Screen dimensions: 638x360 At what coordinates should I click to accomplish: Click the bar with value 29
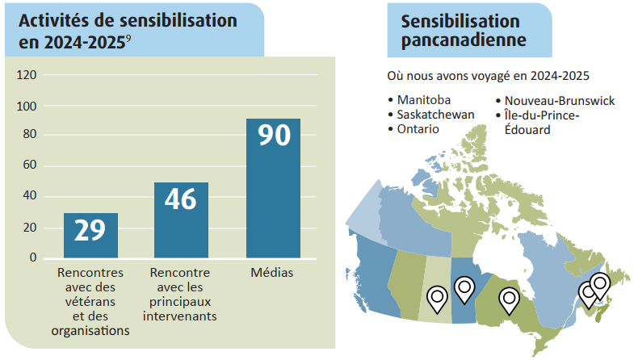[90, 236]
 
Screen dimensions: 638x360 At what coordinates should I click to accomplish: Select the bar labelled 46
[181, 220]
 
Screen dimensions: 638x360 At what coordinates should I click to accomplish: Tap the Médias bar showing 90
[274, 188]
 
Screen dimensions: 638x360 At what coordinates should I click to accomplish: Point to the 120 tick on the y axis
[27, 75]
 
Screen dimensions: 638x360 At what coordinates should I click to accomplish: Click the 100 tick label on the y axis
[27, 107]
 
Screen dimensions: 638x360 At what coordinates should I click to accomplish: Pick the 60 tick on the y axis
[30, 165]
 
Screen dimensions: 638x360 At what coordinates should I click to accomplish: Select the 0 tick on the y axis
[33, 257]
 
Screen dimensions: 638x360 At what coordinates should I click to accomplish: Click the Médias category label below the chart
[272, 272]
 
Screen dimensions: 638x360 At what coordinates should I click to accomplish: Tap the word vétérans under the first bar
[90, 302]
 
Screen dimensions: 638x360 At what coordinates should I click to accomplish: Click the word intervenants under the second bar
[180, 316]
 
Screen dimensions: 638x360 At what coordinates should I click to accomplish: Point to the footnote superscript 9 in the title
[128, 39]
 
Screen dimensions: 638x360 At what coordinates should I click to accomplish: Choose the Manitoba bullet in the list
[423, 100]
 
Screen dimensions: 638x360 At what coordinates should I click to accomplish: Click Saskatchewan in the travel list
[436, 115]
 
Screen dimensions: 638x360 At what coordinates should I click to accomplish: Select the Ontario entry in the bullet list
[418, 129]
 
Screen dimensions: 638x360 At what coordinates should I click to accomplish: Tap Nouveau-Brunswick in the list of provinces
[560, 101]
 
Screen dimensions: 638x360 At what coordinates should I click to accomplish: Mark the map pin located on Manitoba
[464, 290]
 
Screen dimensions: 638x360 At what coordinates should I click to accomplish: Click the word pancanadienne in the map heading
[464, 40]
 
